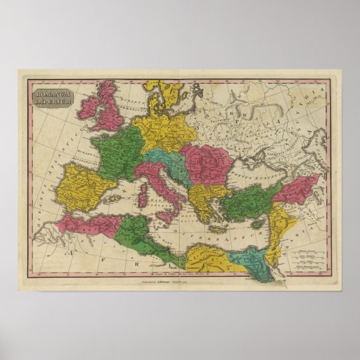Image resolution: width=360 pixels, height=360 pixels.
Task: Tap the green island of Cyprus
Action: click(258, 224)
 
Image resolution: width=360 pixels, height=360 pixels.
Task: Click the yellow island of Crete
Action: click(220, 229)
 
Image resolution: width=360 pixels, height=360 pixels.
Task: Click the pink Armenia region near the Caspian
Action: click(296, 190)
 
